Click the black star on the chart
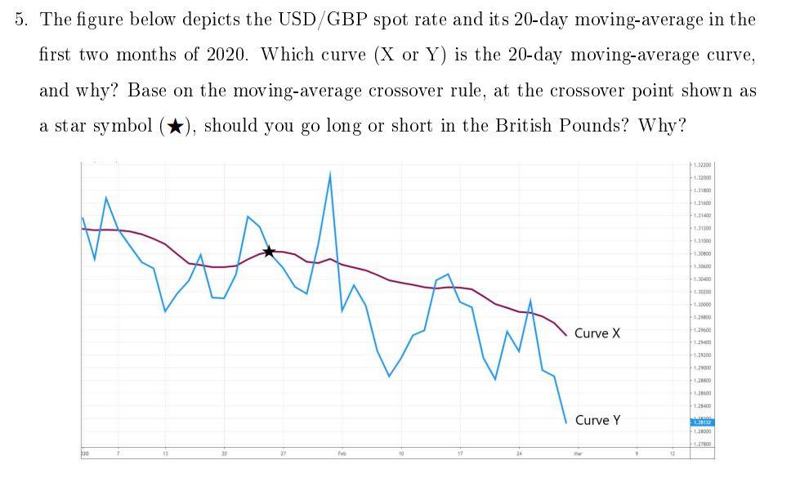click(269, 252)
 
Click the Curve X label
click(597, 333)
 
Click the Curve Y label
click(597, 420)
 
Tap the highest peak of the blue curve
click(330, 173)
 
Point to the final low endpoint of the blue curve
click(565, 422)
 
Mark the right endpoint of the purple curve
click(565, 335)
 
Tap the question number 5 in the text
click(20, 19)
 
